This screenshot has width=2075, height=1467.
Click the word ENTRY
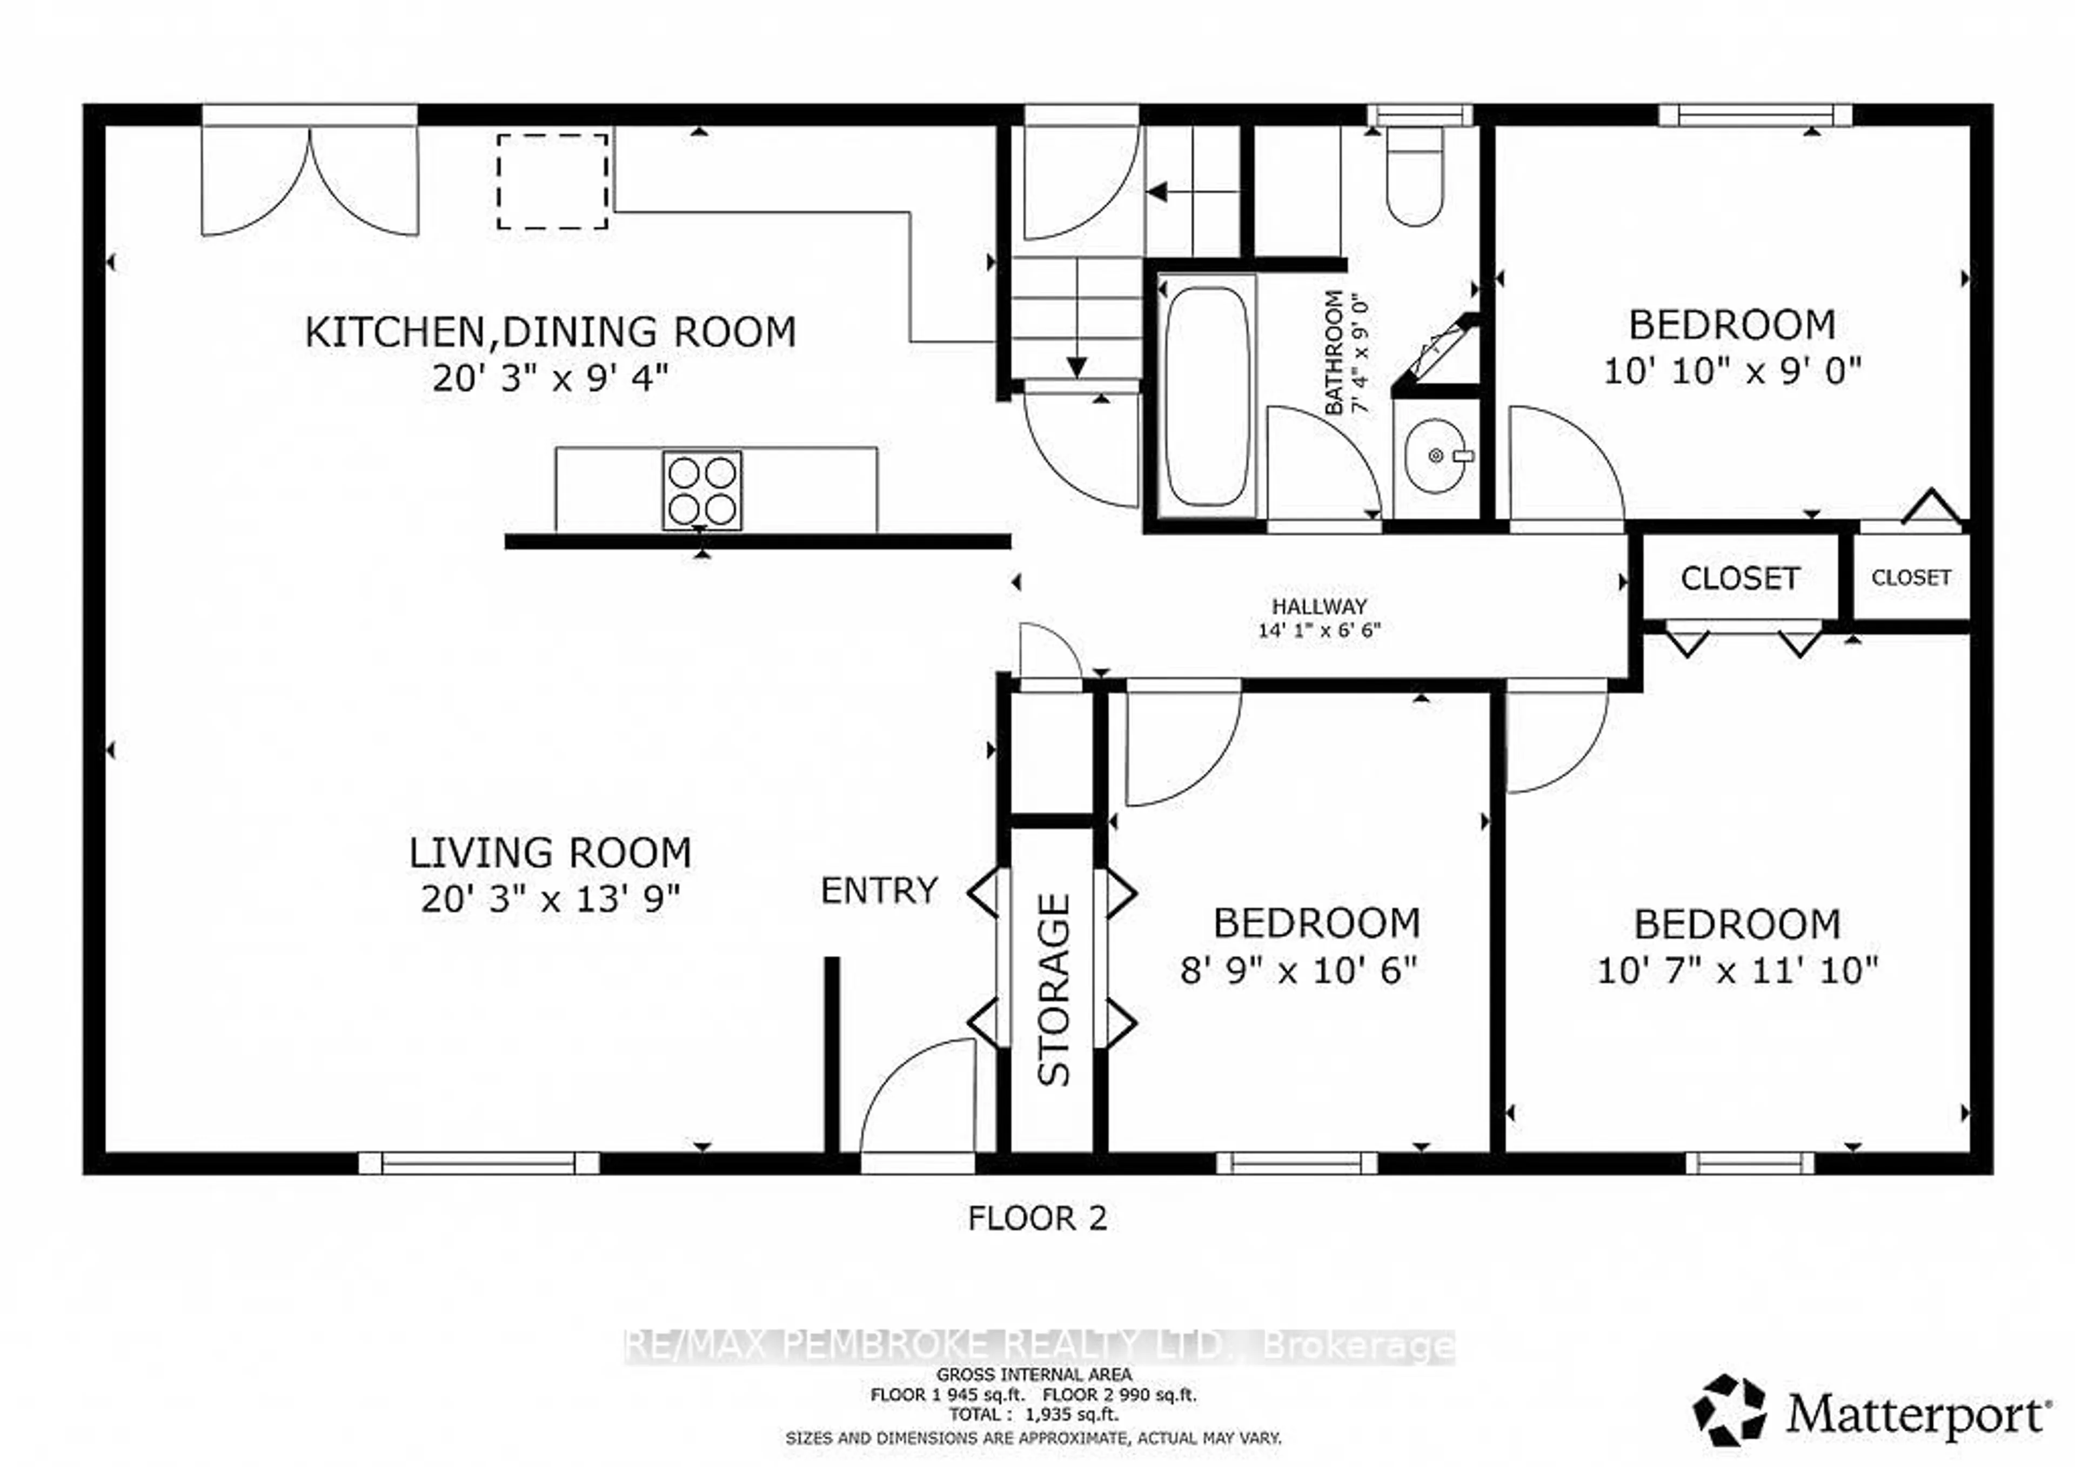click(879, 891)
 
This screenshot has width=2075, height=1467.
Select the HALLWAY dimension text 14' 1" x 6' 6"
click(1320, 630)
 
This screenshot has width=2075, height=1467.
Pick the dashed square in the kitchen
click(552, 181)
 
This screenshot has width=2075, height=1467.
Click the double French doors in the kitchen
click(309, 181)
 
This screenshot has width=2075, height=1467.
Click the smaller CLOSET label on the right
click(1911, 578)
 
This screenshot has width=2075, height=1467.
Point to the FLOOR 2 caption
click(1036, 1218)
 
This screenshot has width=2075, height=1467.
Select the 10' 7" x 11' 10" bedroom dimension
click(1737, 972)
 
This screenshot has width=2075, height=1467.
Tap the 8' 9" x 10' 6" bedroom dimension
click(1298, 971)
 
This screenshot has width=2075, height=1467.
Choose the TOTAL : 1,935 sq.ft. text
click(1033, 1415)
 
